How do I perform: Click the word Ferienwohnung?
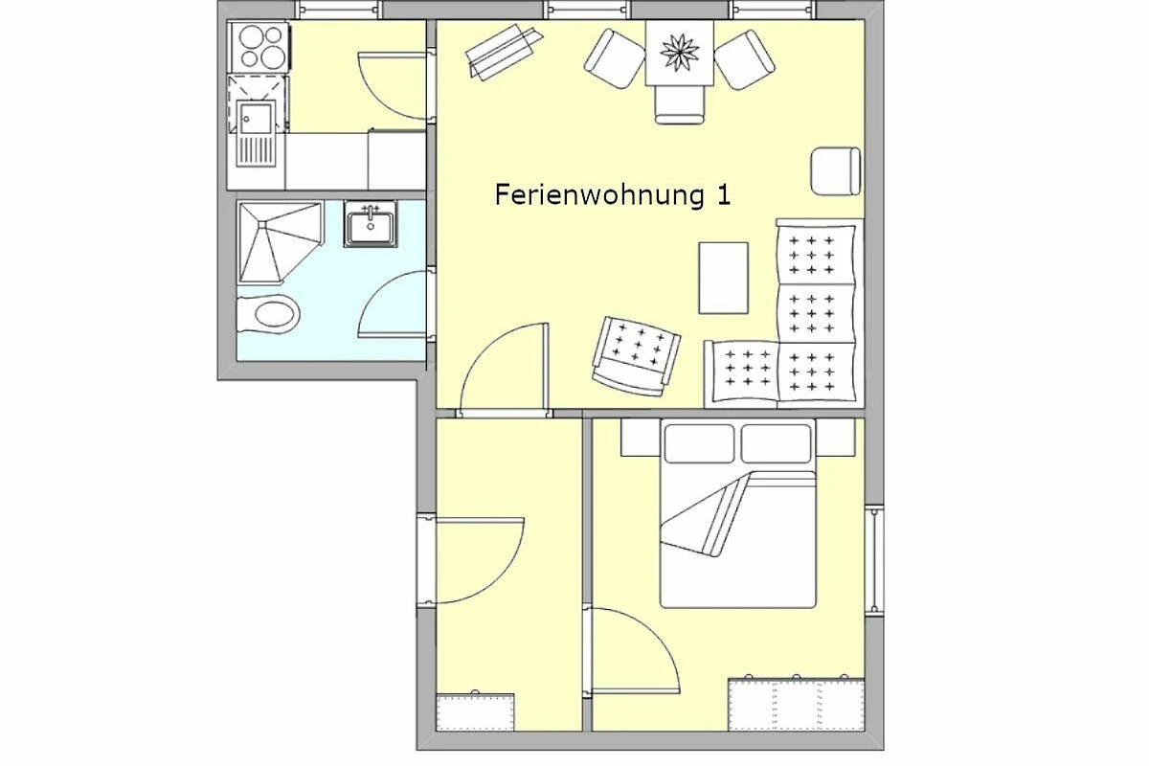click(599, 196)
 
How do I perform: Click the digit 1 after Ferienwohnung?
click(723, 195)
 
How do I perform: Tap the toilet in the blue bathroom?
click(269, 315)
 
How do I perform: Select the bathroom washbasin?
click(371, 225)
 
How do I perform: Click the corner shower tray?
click(280, 242)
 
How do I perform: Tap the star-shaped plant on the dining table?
click(680, 53)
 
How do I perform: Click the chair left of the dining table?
click(615, 59)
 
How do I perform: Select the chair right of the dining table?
click(745, 60)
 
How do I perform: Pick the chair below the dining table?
click(680, 104)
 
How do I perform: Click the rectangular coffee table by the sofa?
click(723, 278)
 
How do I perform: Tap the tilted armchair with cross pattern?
click(636, 356)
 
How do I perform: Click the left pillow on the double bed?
click(699, 443)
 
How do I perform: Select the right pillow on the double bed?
click(777, 443)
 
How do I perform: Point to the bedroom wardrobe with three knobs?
click(796, 704)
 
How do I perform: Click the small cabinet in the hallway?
click(475, 711)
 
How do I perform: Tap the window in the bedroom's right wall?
click(874, 560)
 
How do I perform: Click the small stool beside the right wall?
click(836, 171)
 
